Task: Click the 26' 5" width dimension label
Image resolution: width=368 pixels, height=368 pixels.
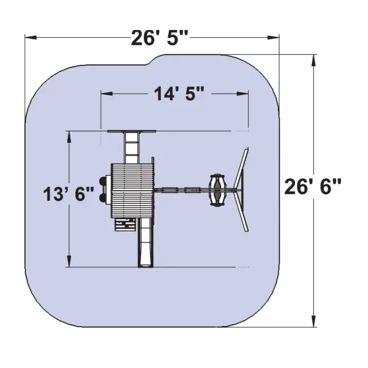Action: (159, 38)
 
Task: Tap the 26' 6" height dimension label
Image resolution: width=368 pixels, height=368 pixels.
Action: (313, 187)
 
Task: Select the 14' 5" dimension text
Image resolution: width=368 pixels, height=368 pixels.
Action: (179, 94)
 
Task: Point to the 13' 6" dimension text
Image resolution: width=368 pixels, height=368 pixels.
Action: (69, 194)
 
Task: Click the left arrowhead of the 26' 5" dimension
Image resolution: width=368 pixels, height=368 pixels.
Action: (31, 37)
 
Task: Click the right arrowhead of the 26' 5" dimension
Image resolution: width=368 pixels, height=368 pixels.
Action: (273, 37)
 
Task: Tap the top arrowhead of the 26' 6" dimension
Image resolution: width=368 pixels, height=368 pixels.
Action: (313, 61)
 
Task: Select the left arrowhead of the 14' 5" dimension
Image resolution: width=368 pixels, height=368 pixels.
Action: (106, 94)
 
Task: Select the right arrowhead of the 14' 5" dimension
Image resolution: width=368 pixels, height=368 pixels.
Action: (243, 94)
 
